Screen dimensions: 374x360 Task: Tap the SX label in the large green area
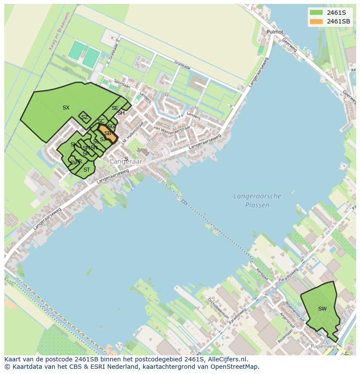coord(66,108)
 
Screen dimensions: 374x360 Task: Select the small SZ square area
coord(84,117)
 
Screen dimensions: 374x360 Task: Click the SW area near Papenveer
coord(322,309)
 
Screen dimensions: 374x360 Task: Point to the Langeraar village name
coord(126,162)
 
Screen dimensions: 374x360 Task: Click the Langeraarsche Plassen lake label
coord(257,201)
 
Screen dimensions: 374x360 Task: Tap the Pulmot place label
coord(275,32)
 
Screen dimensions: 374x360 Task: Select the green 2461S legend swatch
coord(316,13)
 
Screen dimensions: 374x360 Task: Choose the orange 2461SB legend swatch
coord(316,21)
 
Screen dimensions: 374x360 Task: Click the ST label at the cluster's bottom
coord(87,170)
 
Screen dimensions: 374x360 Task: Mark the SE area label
coord(115,108)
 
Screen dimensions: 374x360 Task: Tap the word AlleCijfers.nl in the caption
coord(227,360)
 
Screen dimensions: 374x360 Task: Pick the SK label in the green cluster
coord(73,145)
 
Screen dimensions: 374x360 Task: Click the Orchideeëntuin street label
coord(217,308)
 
